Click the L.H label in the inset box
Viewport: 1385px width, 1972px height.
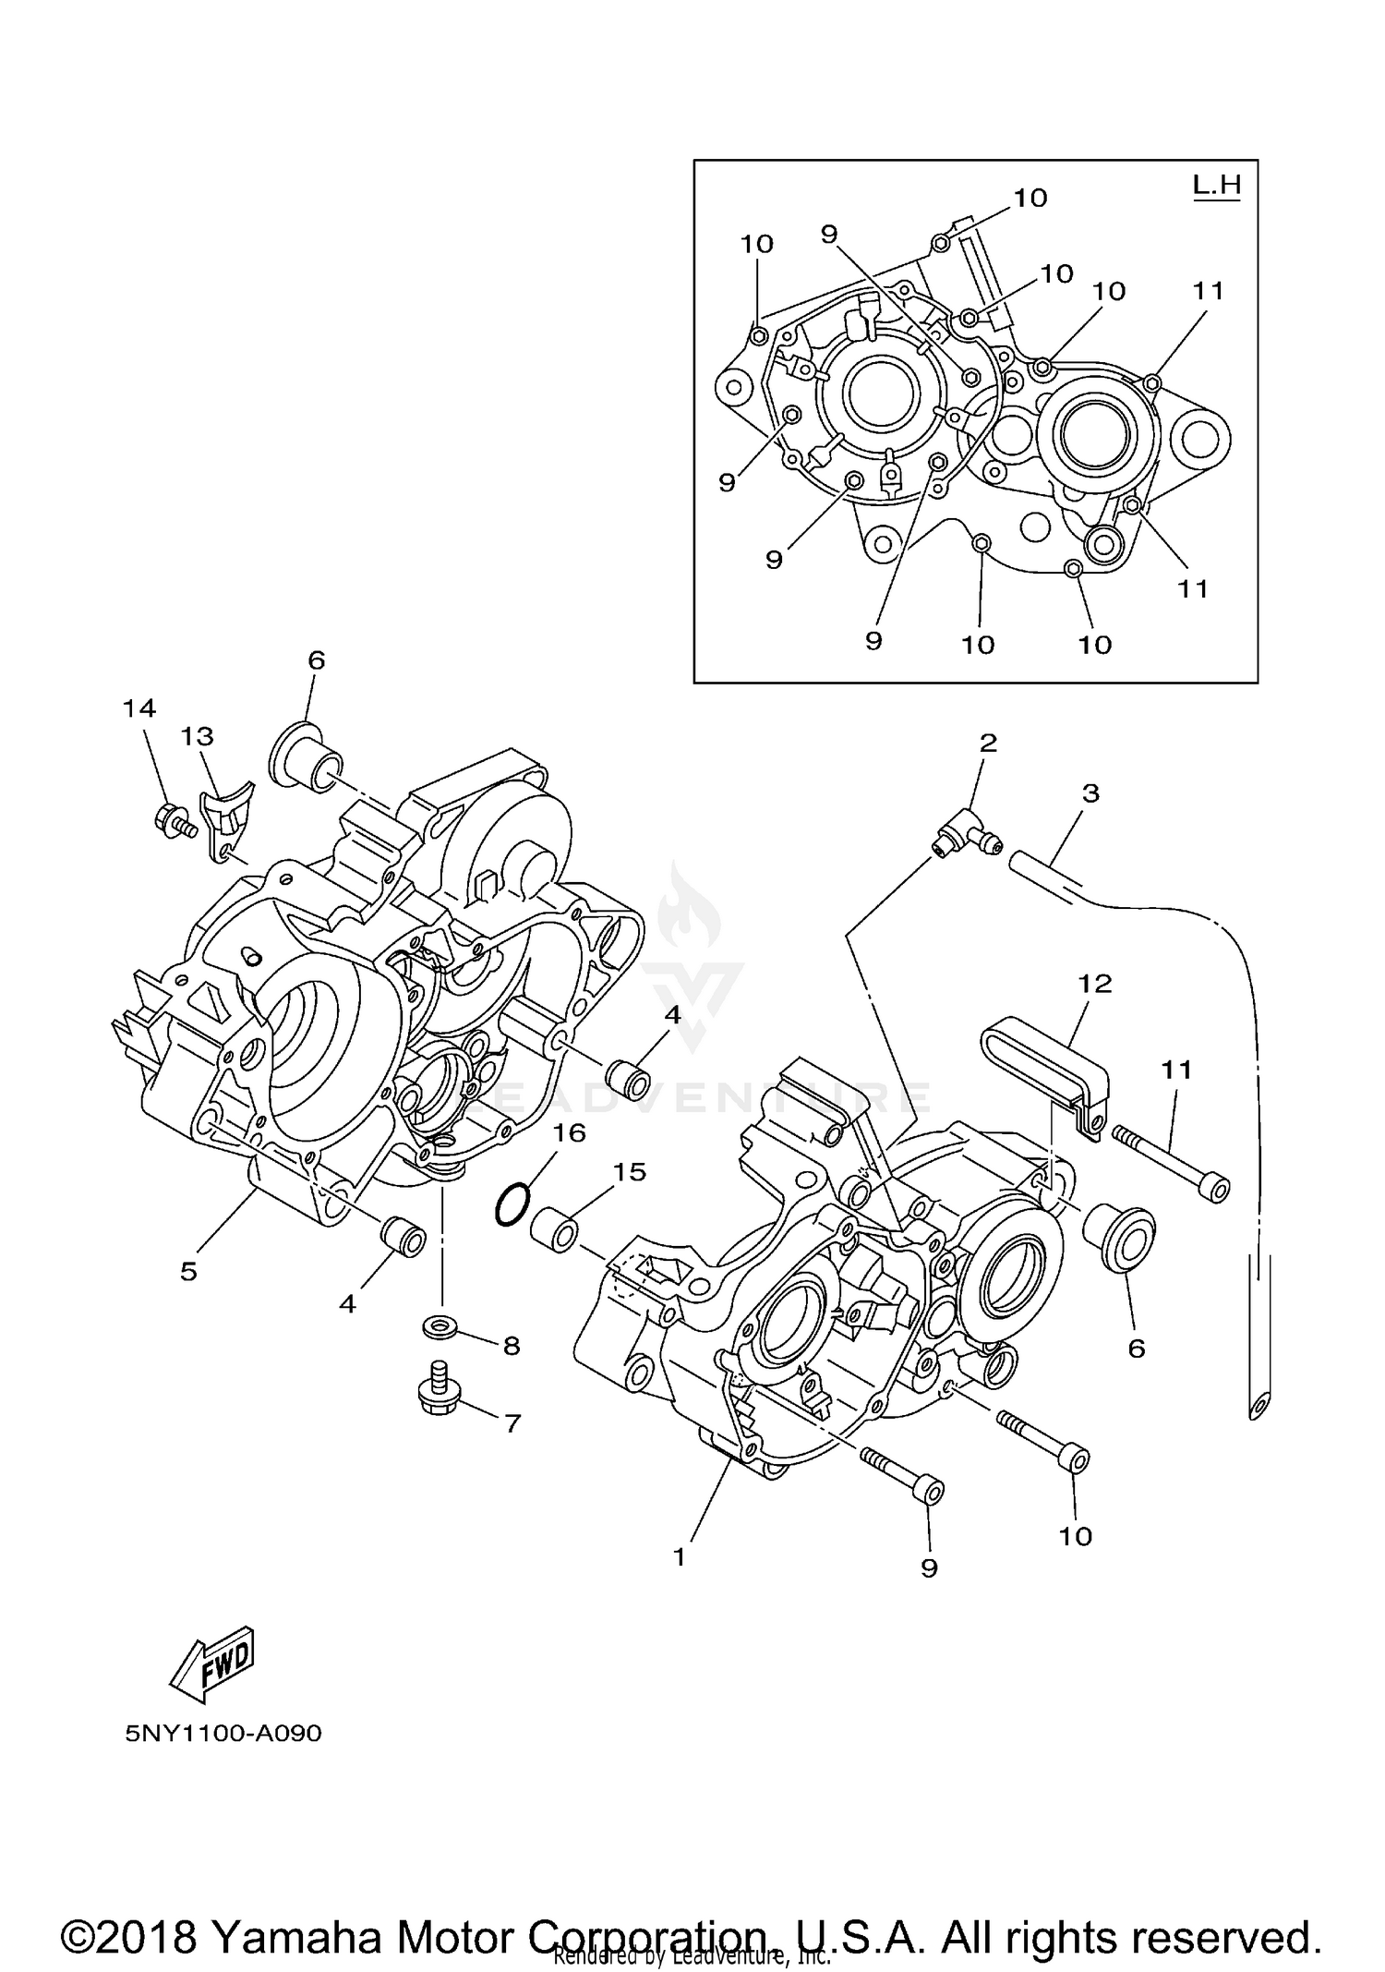coord(1217,185)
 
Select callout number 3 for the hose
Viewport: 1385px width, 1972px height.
coord(1090,792)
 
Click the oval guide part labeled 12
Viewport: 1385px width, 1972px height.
coord(1043,1063)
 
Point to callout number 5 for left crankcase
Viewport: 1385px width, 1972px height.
coord(188,1272)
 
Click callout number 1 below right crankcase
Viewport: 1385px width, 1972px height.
coord(680,1557)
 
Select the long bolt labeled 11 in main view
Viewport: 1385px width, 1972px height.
coord(1173,1162)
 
